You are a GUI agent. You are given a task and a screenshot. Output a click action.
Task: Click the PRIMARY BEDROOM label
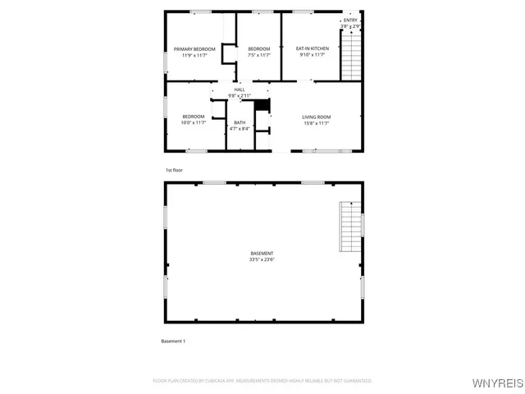[x=194, y=49]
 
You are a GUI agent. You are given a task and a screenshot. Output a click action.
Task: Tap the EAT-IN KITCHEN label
[x=312, y=49]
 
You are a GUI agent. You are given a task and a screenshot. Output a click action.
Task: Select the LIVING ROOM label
[x=317, y=117]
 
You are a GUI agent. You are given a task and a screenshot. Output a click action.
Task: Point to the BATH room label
[x=240, y=122]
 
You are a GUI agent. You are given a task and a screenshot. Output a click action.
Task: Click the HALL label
[x=240, y=89]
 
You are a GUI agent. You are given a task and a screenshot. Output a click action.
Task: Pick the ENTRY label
[x=351, y=21]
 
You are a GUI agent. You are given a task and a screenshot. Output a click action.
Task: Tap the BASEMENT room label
[x=262, y=253]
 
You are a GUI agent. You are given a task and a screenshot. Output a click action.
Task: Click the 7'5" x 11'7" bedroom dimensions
[x=259, y=56]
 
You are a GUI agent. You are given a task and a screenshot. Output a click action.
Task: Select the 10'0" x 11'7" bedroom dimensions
[x=194, y=123]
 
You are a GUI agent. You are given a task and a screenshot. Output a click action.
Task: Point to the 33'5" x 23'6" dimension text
[x=262, y=259]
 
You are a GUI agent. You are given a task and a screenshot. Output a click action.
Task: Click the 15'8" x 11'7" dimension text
[x=317, y=123]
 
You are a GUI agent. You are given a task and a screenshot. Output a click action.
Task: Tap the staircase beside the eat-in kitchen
[x=351, y=56]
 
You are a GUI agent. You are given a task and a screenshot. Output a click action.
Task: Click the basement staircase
[x=351, y=227]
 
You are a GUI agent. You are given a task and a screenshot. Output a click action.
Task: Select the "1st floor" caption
[x=174, y=170]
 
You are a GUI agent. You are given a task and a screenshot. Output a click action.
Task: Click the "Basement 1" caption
[x=173, y=341]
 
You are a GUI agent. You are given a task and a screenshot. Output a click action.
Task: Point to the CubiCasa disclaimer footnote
[x=262, y=381]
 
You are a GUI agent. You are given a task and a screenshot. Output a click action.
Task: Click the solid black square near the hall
[x=262, y=105]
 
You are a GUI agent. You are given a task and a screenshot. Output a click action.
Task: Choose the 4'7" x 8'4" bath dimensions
[x=240, y=129]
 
